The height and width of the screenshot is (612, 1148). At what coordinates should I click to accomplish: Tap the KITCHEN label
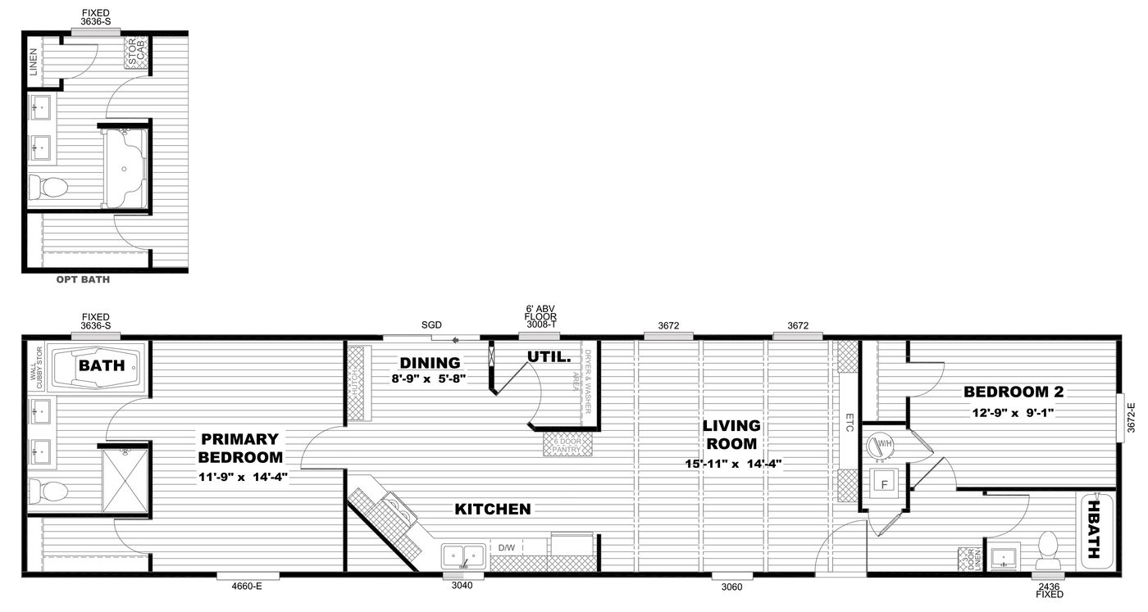tap(493, 510)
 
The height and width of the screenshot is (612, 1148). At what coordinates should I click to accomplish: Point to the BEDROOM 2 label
tap(1008, 391)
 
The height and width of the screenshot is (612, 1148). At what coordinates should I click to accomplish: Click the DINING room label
tap(430, 363)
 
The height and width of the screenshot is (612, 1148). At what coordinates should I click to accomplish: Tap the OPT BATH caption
tap(83, 279)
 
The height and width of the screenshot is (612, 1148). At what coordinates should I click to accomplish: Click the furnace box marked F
tap(884, 483)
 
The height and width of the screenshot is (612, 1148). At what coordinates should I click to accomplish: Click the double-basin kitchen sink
tap(464, 555)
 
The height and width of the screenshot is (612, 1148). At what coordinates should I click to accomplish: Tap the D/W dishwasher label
tap(506, 546)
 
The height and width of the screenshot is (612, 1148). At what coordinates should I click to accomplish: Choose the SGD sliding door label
tap(431, 325)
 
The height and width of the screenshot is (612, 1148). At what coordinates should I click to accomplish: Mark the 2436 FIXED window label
tap(1048, 591)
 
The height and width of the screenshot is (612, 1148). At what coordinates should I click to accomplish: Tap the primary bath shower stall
tap(125, 479)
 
